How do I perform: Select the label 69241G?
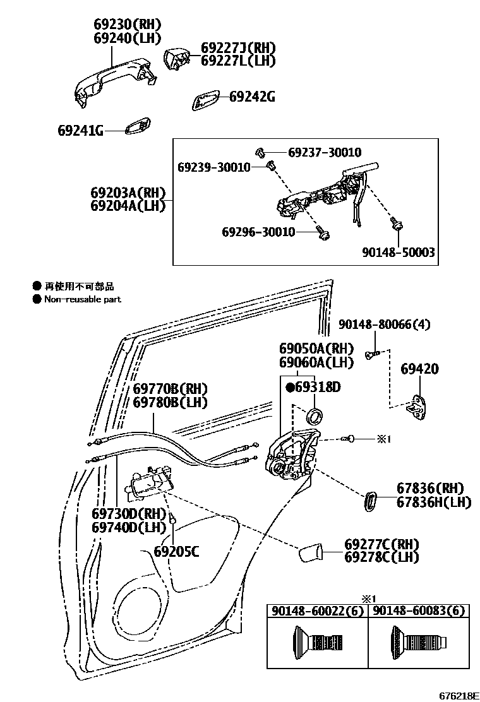(x=80, y=131)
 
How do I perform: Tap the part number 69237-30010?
(x=325, y=153)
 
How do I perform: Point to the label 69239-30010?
(x=213, y=167)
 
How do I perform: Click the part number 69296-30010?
(x=258, y=232)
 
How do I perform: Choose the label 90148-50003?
(x=398, y=252)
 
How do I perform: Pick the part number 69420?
(x=419, y=369)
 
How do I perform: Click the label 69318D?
(x=317, y=387)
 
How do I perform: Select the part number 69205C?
(x=177, y=552)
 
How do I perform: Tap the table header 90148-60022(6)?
(x=316, y=610)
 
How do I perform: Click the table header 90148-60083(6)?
(x=419, y=610)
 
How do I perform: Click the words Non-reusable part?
(x=82, y=299)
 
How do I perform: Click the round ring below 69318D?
(x=313, y=416)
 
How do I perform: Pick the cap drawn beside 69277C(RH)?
(x=310, y=554)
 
